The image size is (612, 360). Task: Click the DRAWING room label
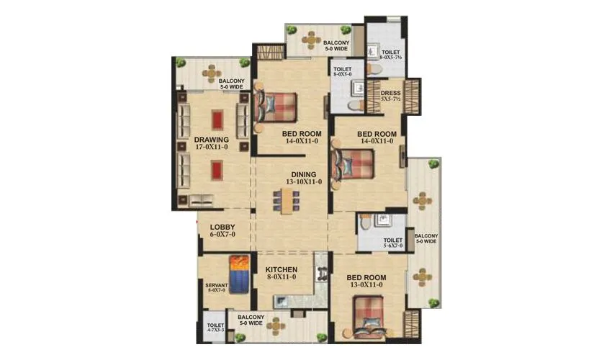211,139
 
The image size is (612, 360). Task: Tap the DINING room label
303,174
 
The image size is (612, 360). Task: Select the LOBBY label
222,227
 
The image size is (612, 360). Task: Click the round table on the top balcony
310,40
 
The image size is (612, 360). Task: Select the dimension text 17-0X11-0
211,148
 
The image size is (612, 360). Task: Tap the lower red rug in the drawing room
217,170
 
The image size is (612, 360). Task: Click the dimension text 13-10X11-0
303,183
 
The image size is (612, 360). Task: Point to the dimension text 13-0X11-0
366,286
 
